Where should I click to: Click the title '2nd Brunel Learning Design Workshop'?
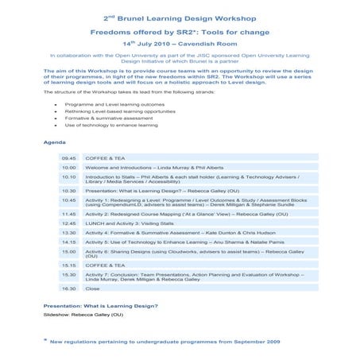pos(180,16)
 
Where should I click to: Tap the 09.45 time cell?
pos(69,158)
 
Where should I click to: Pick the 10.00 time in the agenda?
pos(69,168)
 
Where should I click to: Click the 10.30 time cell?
pos(69,191)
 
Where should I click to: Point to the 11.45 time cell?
pos(69,214)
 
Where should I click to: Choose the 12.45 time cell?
pos(69,223)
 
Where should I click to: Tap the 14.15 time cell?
pos(69,242)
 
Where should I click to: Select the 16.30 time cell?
pos(69,289)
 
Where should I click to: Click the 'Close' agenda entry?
pos(92,289)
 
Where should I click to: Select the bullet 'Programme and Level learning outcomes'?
pos(118,104)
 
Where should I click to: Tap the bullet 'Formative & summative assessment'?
pos(112,118)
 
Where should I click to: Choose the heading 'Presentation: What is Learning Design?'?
pos(100,306)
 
